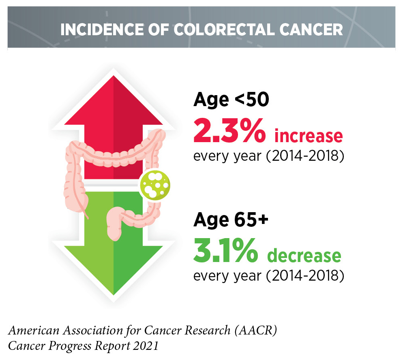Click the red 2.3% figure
pos(229,131)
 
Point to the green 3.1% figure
pos(225,251)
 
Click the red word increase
pos(309,136)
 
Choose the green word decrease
pos(304,256)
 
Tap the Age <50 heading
pos(231,100)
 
